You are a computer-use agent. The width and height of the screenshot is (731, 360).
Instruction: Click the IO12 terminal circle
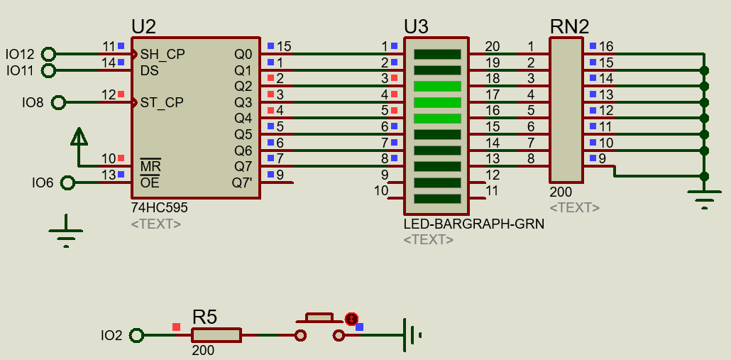(x=48, y=55)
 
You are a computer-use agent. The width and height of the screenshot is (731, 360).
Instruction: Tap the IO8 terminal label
(x=32, y=102)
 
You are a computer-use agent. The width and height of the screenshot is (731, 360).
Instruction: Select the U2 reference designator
(x=143, y=26)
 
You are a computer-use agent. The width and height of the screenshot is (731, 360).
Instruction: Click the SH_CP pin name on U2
(x=163, y=55)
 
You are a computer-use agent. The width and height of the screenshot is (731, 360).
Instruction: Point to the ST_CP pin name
(x=162, y=102)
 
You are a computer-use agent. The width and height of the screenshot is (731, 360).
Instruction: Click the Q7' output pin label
(x=243, y=182)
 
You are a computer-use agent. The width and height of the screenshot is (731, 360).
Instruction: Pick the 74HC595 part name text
(x=160, y=207)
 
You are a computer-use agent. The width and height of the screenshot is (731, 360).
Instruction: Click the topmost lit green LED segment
(x=437, y=86)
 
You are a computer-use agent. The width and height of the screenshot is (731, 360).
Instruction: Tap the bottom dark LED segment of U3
(x=437, y=199)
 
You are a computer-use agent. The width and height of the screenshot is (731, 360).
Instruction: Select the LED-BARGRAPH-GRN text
(x=473, y=224)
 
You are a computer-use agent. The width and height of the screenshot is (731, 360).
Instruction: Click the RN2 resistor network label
(x=569, y=27)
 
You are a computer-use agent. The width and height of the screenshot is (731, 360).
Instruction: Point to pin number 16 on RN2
(x=606, y=46)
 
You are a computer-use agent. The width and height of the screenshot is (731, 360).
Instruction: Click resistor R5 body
(x=216, y=335)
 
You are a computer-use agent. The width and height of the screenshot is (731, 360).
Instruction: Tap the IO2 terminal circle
(x=136, y=335)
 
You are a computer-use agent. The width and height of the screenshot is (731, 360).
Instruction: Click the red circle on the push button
(x=351, y=319)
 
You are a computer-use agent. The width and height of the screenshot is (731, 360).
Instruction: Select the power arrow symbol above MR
(x=79, y=136)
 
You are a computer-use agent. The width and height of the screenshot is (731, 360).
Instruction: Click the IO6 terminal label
(x=43, y=182)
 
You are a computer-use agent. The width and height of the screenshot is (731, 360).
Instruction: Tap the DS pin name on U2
(x=149, y=70)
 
